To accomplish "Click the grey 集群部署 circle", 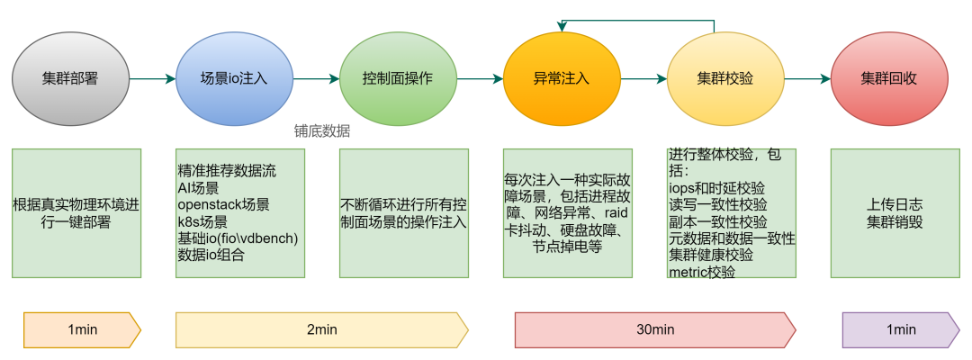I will [69, 78].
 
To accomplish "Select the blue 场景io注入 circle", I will [234, 78].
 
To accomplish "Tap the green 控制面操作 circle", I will [397, 78].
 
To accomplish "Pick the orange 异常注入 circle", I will [561, 78].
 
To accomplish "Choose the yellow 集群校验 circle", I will [724, 78].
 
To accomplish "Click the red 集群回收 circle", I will [888, 78].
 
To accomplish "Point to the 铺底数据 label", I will [321, 130].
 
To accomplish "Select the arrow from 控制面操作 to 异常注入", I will [479, 79].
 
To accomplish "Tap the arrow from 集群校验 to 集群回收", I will [806, 79].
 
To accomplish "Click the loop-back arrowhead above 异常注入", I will [562, 25].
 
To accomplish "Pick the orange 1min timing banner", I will [82, 329].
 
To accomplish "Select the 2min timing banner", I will [321, 329].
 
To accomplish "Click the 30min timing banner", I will [654, 329].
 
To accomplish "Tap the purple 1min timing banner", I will [900, 329].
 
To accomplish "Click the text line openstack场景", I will [223, 204].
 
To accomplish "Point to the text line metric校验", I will [702, 271].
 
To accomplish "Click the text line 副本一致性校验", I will [718, 221].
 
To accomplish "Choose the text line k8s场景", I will [203, 221].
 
